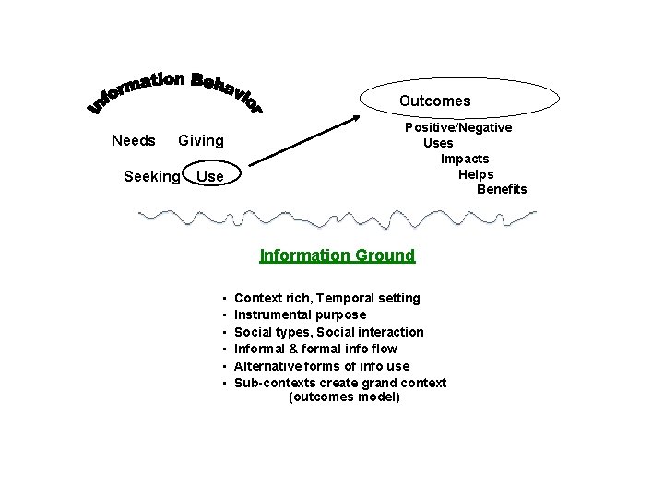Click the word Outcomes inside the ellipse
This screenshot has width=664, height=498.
click(434, 101)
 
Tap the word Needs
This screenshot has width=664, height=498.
click(133, 140)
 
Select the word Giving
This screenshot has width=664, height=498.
click(200, 140)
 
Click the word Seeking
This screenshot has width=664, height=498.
click(151, 175)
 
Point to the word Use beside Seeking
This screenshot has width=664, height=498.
click(210, 175)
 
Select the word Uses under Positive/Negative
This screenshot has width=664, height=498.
click(438, 143)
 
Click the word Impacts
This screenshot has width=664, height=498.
click(465, 159)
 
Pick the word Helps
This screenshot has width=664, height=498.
click(476, 174)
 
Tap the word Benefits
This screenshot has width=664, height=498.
click(502, 189)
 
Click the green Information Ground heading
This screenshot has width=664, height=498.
click(338, 255)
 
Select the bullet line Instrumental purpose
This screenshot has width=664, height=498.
click(300, 314)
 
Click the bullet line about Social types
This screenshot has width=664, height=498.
click(329, 331)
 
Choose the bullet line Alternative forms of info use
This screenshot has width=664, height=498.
click(322, 365)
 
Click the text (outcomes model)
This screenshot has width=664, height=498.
click(344, 397)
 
